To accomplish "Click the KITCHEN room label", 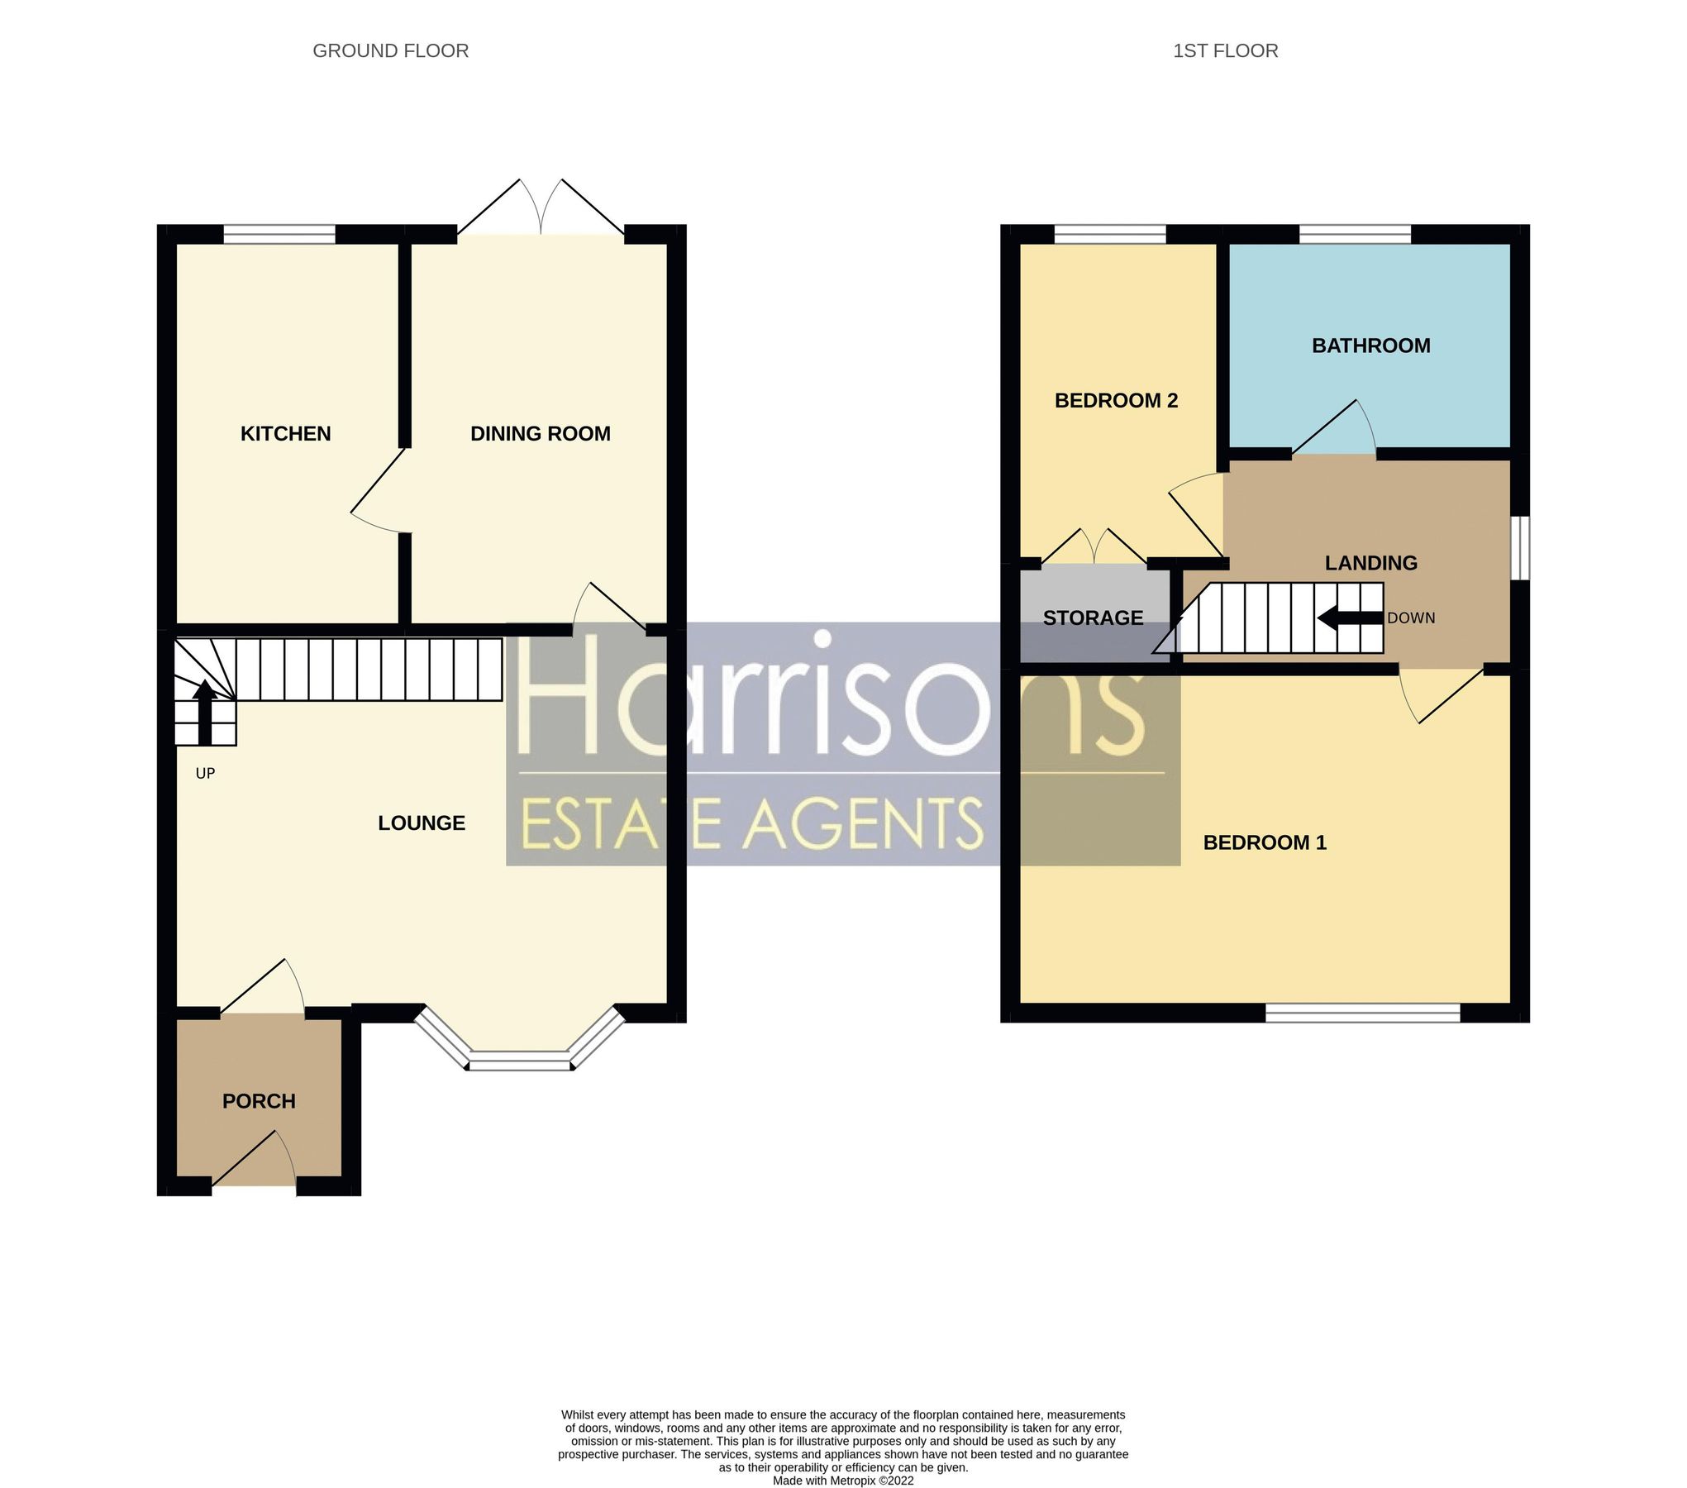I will click(x=285, y=433).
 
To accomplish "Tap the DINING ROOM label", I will click(x=540, y=433).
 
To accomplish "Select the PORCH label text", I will click(x=259, y=1101).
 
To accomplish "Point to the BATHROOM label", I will click(x=1370, y=346).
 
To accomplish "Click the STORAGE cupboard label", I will click(x=1093, y=618).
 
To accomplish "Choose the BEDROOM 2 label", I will click(x=1116, y=401).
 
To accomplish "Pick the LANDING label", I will click(x=1370, y=563).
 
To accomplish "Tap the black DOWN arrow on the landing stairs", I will click(x=1349, y=618).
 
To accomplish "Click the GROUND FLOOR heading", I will click(x=390, y=51).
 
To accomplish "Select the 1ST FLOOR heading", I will click(x=1225, y=51).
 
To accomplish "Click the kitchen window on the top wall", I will click(x=279, y=235).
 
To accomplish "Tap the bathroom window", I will click(x=1355, y=235).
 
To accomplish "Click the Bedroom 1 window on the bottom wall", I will click(x=1362, y=1013).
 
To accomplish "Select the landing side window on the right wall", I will click(x=1519, y=548).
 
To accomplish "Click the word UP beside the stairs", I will click(x=205, y=774).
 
